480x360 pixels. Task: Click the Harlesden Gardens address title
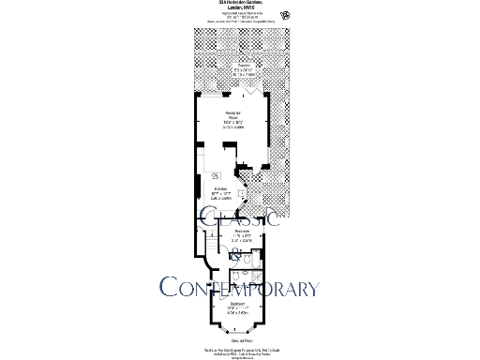[x=239, y=4]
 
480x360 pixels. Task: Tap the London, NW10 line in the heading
[x=239, y=9]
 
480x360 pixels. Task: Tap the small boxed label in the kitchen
[x=216, y=175]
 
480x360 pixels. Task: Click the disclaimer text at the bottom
[x=240, y=352]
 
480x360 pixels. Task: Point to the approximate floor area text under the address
[x=239, y=17]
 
